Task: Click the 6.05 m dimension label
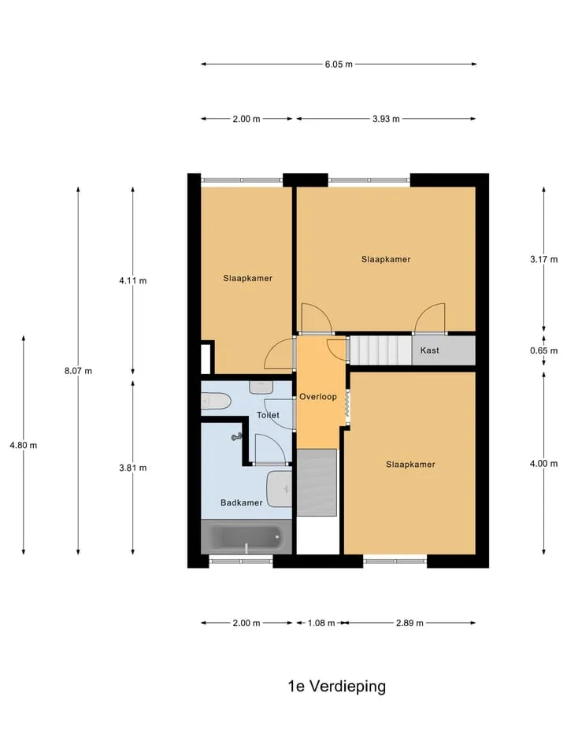(339, 64)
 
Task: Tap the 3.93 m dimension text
(386, 119)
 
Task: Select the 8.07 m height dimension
(78, 371)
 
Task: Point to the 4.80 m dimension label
(23, 445)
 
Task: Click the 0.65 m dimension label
(544, 350)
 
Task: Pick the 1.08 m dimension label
(321, 623)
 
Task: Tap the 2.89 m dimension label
(409, 623)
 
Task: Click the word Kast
(430, 350)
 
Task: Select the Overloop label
(317, 397)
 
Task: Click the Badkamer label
(242, 502)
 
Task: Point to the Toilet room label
(268, 415)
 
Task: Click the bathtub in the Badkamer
(246, 536)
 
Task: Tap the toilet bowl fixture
(216, 401)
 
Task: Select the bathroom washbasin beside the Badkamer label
(279, 489)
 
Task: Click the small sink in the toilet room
(261, 387)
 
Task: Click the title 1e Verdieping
(336, 686)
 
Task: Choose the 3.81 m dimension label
(133, 468)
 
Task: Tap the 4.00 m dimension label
(544, 464)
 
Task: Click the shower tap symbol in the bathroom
(237, 437)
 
